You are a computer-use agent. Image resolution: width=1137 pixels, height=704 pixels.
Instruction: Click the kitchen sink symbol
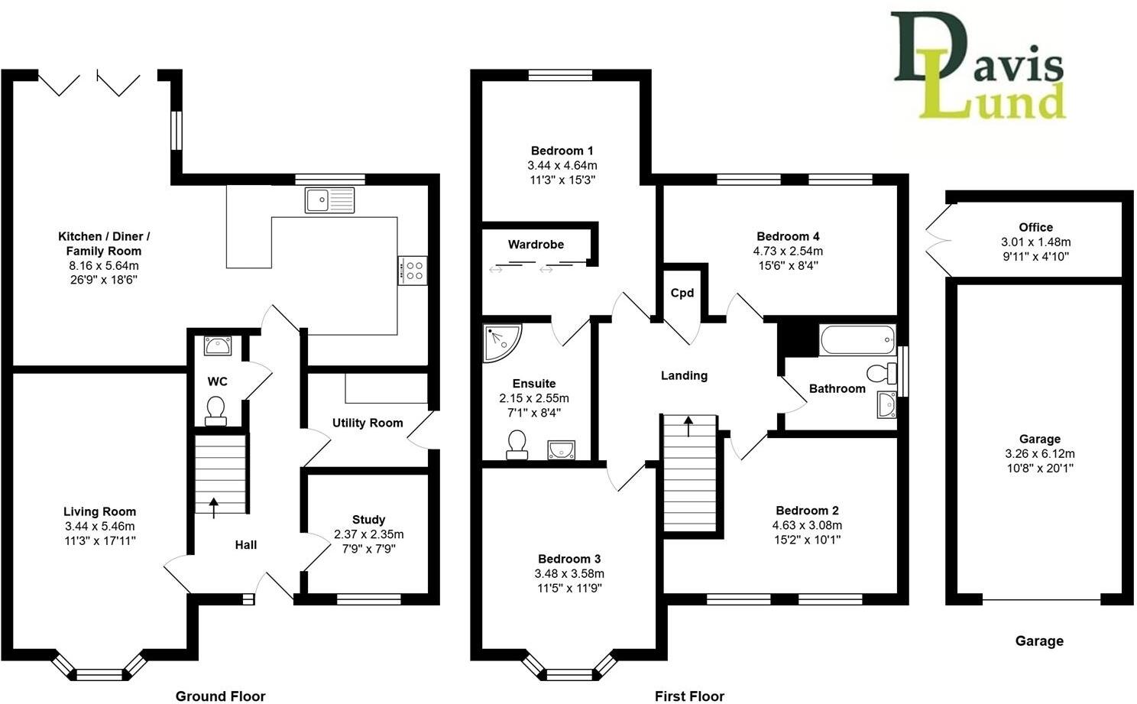coord(330,200)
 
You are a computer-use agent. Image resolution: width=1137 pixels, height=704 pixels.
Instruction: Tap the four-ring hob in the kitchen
coord(414,270)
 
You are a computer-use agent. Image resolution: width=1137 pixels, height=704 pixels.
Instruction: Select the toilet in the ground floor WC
coord(216,409)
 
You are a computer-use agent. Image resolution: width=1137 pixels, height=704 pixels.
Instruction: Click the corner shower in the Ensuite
coord(500,342)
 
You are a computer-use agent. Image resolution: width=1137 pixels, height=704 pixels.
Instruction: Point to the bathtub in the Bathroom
coord(857,339)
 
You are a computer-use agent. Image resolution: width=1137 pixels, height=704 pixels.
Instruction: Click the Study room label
coord(368,520)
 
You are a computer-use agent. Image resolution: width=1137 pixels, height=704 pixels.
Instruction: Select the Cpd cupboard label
coord(682,293)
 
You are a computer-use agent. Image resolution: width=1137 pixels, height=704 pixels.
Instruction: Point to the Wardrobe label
coord(536,245)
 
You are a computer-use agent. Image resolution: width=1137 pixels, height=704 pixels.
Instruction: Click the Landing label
coord(684,375)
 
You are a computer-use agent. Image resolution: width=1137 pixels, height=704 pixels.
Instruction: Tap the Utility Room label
coord(368,423)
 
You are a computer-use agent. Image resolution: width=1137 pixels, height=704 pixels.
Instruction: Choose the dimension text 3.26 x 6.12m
coord(1039,453)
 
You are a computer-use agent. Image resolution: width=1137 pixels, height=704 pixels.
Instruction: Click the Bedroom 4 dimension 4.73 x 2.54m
coord(788,251)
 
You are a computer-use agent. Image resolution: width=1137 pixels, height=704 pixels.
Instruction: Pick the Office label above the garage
coord(1035,227)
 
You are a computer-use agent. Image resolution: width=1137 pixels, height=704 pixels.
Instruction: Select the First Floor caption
coord(689,696)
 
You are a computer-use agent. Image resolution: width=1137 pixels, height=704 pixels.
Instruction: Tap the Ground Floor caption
coord(221,696)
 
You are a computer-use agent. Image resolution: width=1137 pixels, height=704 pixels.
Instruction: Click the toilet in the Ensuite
coord(517,445)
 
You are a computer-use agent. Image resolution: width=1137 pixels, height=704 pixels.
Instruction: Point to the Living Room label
coord(99,512)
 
